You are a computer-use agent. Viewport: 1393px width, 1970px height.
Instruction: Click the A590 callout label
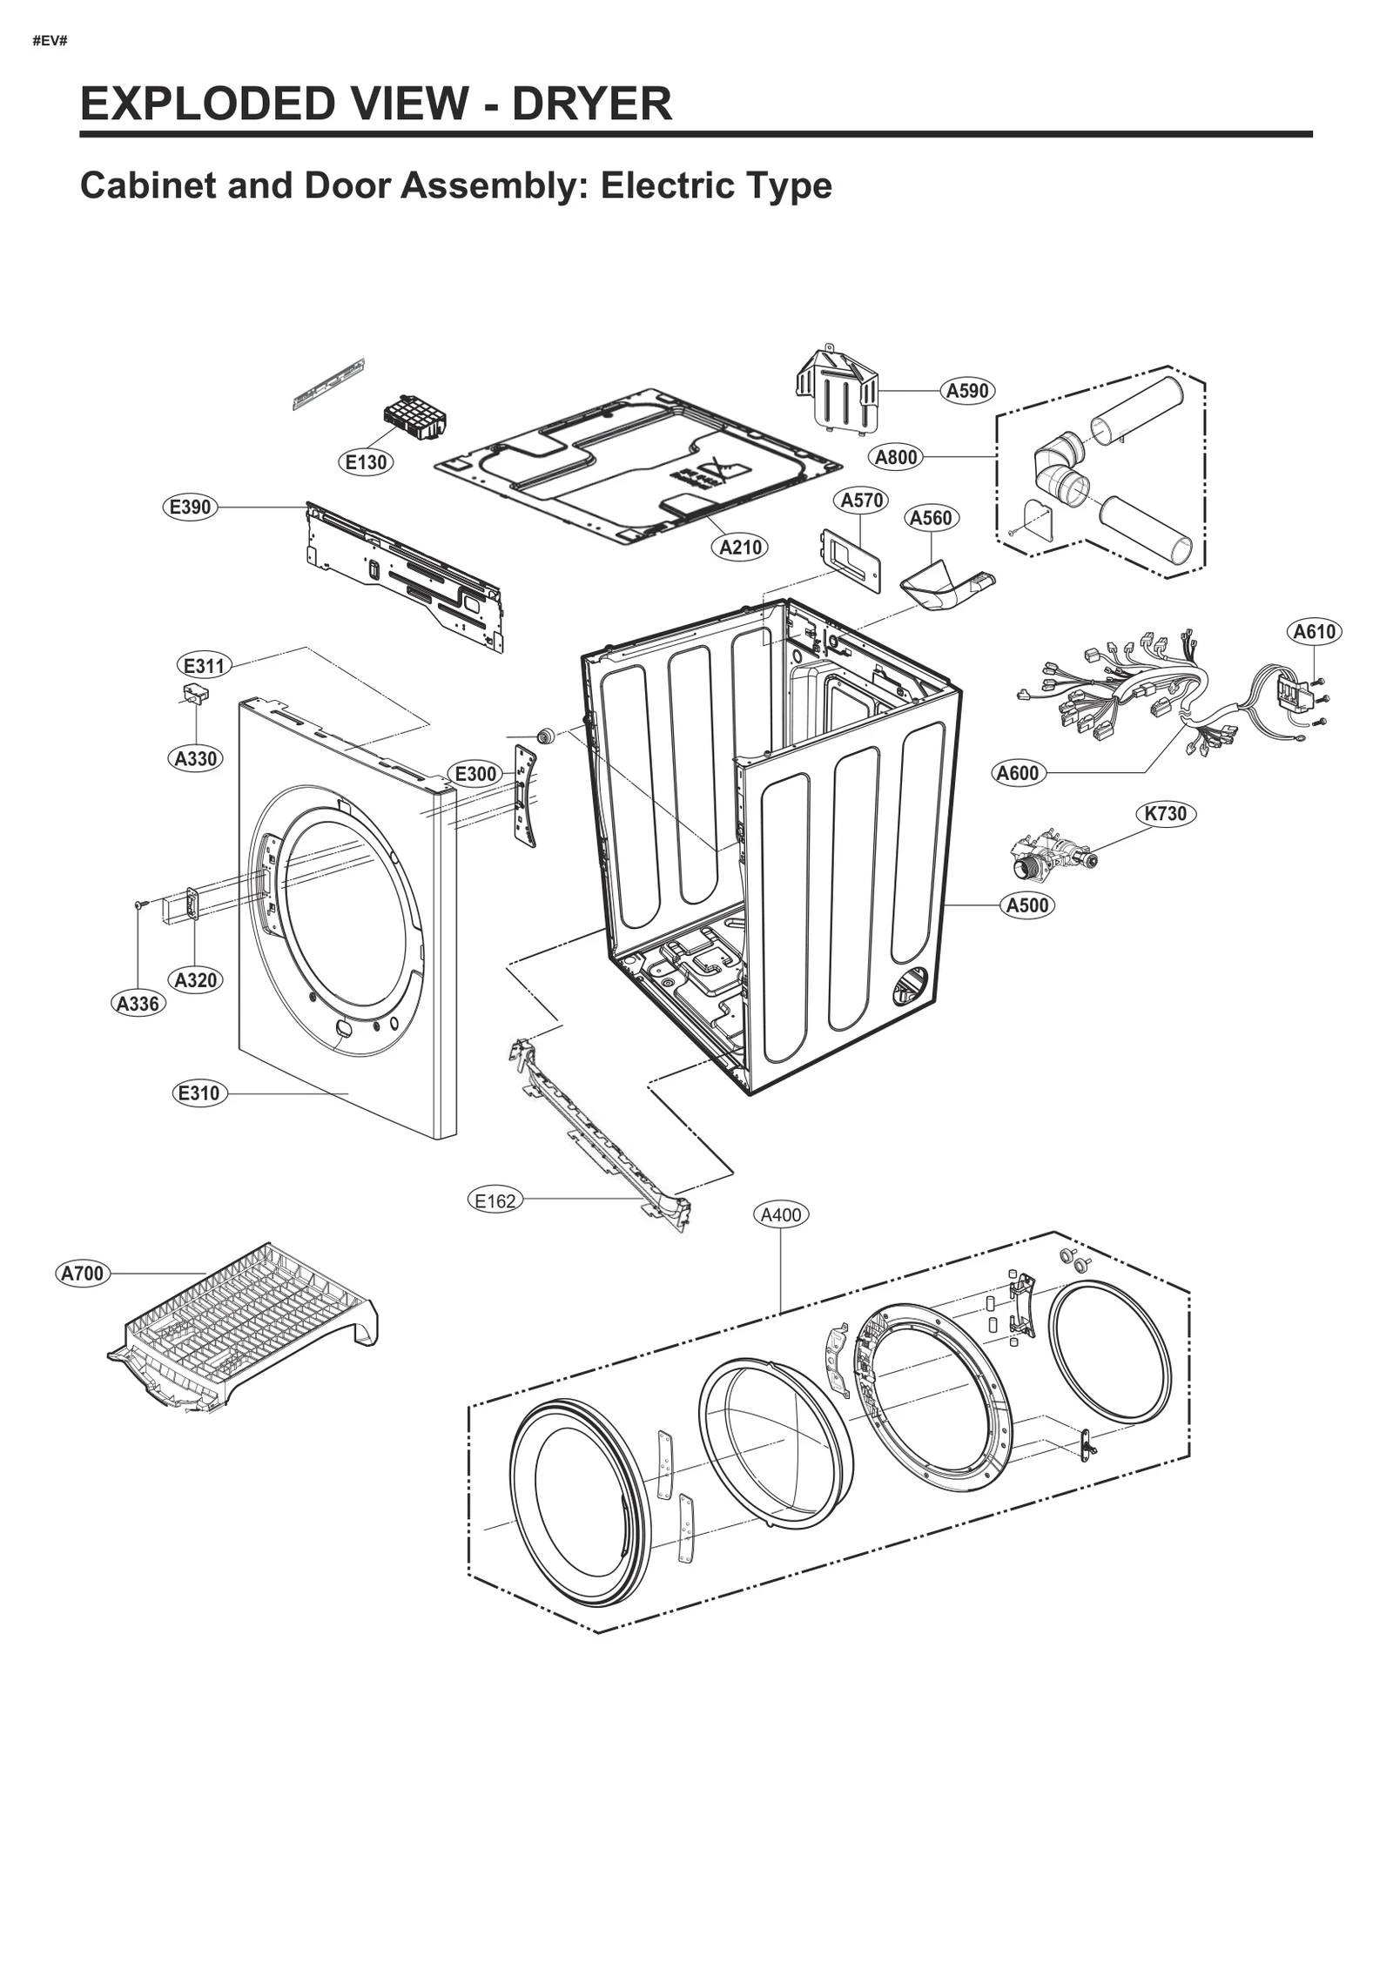coord(967,391)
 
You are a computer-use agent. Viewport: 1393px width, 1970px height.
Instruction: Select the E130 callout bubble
coord(366,462)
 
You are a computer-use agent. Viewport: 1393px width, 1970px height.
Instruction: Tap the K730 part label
coord(1165,813)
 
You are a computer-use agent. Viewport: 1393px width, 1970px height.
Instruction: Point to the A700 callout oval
coord(83,1274)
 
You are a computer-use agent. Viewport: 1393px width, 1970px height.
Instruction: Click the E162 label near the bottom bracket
coord(495,1201)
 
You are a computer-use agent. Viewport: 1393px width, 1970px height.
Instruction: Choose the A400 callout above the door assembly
coord(780,1214)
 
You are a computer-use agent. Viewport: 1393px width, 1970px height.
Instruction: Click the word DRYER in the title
coord(591,104)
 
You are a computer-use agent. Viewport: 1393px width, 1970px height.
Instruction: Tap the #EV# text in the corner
coord(50,41)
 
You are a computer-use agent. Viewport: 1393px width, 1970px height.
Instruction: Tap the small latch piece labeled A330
coord(196,694)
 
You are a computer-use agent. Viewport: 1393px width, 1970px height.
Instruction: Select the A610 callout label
coord(1314,631)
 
